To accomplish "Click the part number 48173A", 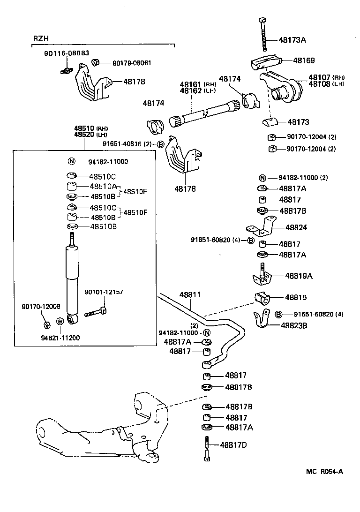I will [293, 40].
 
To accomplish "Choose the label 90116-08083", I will [64, 53].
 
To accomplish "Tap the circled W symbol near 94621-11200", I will [60, 321].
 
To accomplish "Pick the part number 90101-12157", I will [104, 292].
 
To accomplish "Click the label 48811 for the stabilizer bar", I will [190, 295].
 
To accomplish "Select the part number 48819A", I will [298, 276].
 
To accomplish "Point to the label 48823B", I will [294, 324].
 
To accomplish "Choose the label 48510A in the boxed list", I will [103, 186].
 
